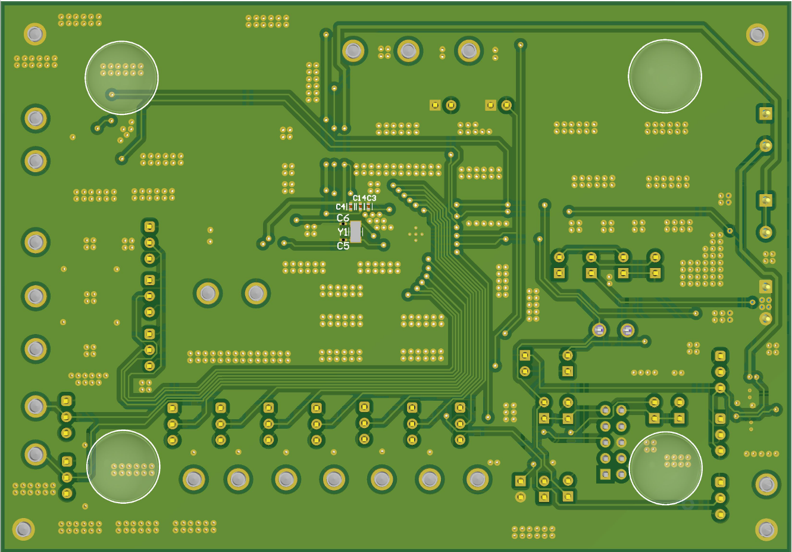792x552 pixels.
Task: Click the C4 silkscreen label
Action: click(340, 207)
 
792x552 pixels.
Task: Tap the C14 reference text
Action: click(359, 198)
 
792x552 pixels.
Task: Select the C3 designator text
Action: click(372, 198)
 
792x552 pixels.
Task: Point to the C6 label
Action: click(343, 219)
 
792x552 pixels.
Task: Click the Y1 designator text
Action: click(342, 232)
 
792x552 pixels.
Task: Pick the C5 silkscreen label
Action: click(343, 246)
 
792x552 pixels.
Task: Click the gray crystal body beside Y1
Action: click(355, 232)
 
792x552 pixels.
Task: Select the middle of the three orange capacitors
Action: click(359, 207)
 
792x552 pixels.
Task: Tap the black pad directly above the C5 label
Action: click(343, 239)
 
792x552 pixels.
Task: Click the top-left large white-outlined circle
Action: click(121, 77)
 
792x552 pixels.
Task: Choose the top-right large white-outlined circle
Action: click(665, 76)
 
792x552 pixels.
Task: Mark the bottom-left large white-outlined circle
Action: click(123, 466)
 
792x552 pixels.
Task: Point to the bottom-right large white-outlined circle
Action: click(665, 467)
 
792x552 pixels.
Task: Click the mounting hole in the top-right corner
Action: click(757, 34)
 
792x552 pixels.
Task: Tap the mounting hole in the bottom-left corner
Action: click(23, 529)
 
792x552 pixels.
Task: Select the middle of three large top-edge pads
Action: click(408, 51)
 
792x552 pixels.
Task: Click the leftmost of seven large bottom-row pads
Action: click(193, 479)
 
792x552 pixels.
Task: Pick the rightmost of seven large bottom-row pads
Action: click(477, 479)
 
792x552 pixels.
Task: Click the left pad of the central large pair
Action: click(208, 293)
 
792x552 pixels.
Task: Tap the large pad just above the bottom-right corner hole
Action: click(766, 485)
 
